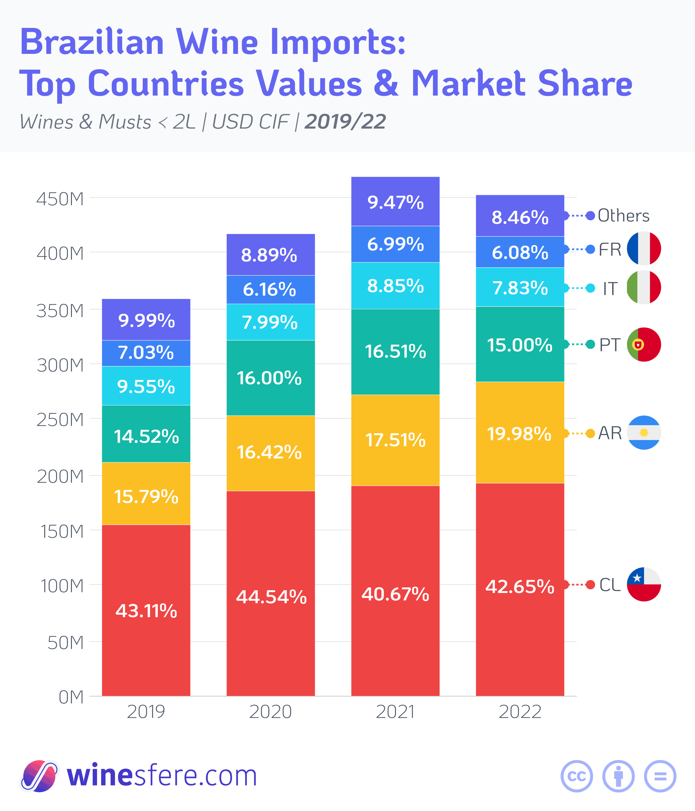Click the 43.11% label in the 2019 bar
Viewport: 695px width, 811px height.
[x=146, y=611]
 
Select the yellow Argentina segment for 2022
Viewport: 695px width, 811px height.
[x=520, y=432]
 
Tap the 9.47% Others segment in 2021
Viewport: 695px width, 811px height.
[x=395, y=202]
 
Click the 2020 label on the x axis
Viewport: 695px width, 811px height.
[x=270, y=712]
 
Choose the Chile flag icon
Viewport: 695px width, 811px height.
[x=644, y=584]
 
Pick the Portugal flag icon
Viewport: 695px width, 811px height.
[x=644, y=344]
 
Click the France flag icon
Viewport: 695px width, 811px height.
[x=644, y=249]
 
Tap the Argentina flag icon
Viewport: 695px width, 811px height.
[x=644, y=432]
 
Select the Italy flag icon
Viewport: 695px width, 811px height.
[x=644, y=287]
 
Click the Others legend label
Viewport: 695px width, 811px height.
[x=623, y=216]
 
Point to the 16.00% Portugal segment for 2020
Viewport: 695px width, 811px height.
[x=270, y=378]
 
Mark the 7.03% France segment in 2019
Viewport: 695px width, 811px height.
[x=146, y=353]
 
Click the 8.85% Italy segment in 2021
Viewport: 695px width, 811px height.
[x=395, y=286]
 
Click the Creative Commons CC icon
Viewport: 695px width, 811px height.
[x=577, y=776]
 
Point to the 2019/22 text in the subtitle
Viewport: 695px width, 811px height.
[x=345, y=122]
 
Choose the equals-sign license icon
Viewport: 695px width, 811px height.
[x=660, y=776]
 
